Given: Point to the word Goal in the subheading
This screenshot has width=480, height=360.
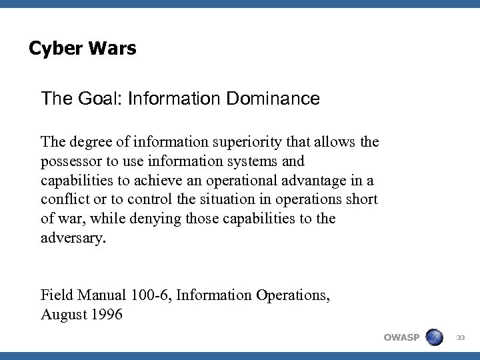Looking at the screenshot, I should point(93,99).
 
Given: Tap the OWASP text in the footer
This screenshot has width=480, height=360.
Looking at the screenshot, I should point(402,337).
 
